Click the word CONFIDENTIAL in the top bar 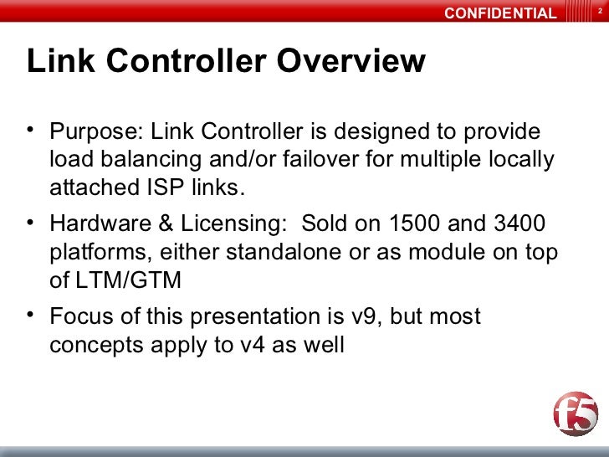tap(499, 13)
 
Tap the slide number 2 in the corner tap(599, 12)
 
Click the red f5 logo tap(576, 415)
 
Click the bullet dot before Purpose tap(31, 131)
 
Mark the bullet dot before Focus tap(31, 315)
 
